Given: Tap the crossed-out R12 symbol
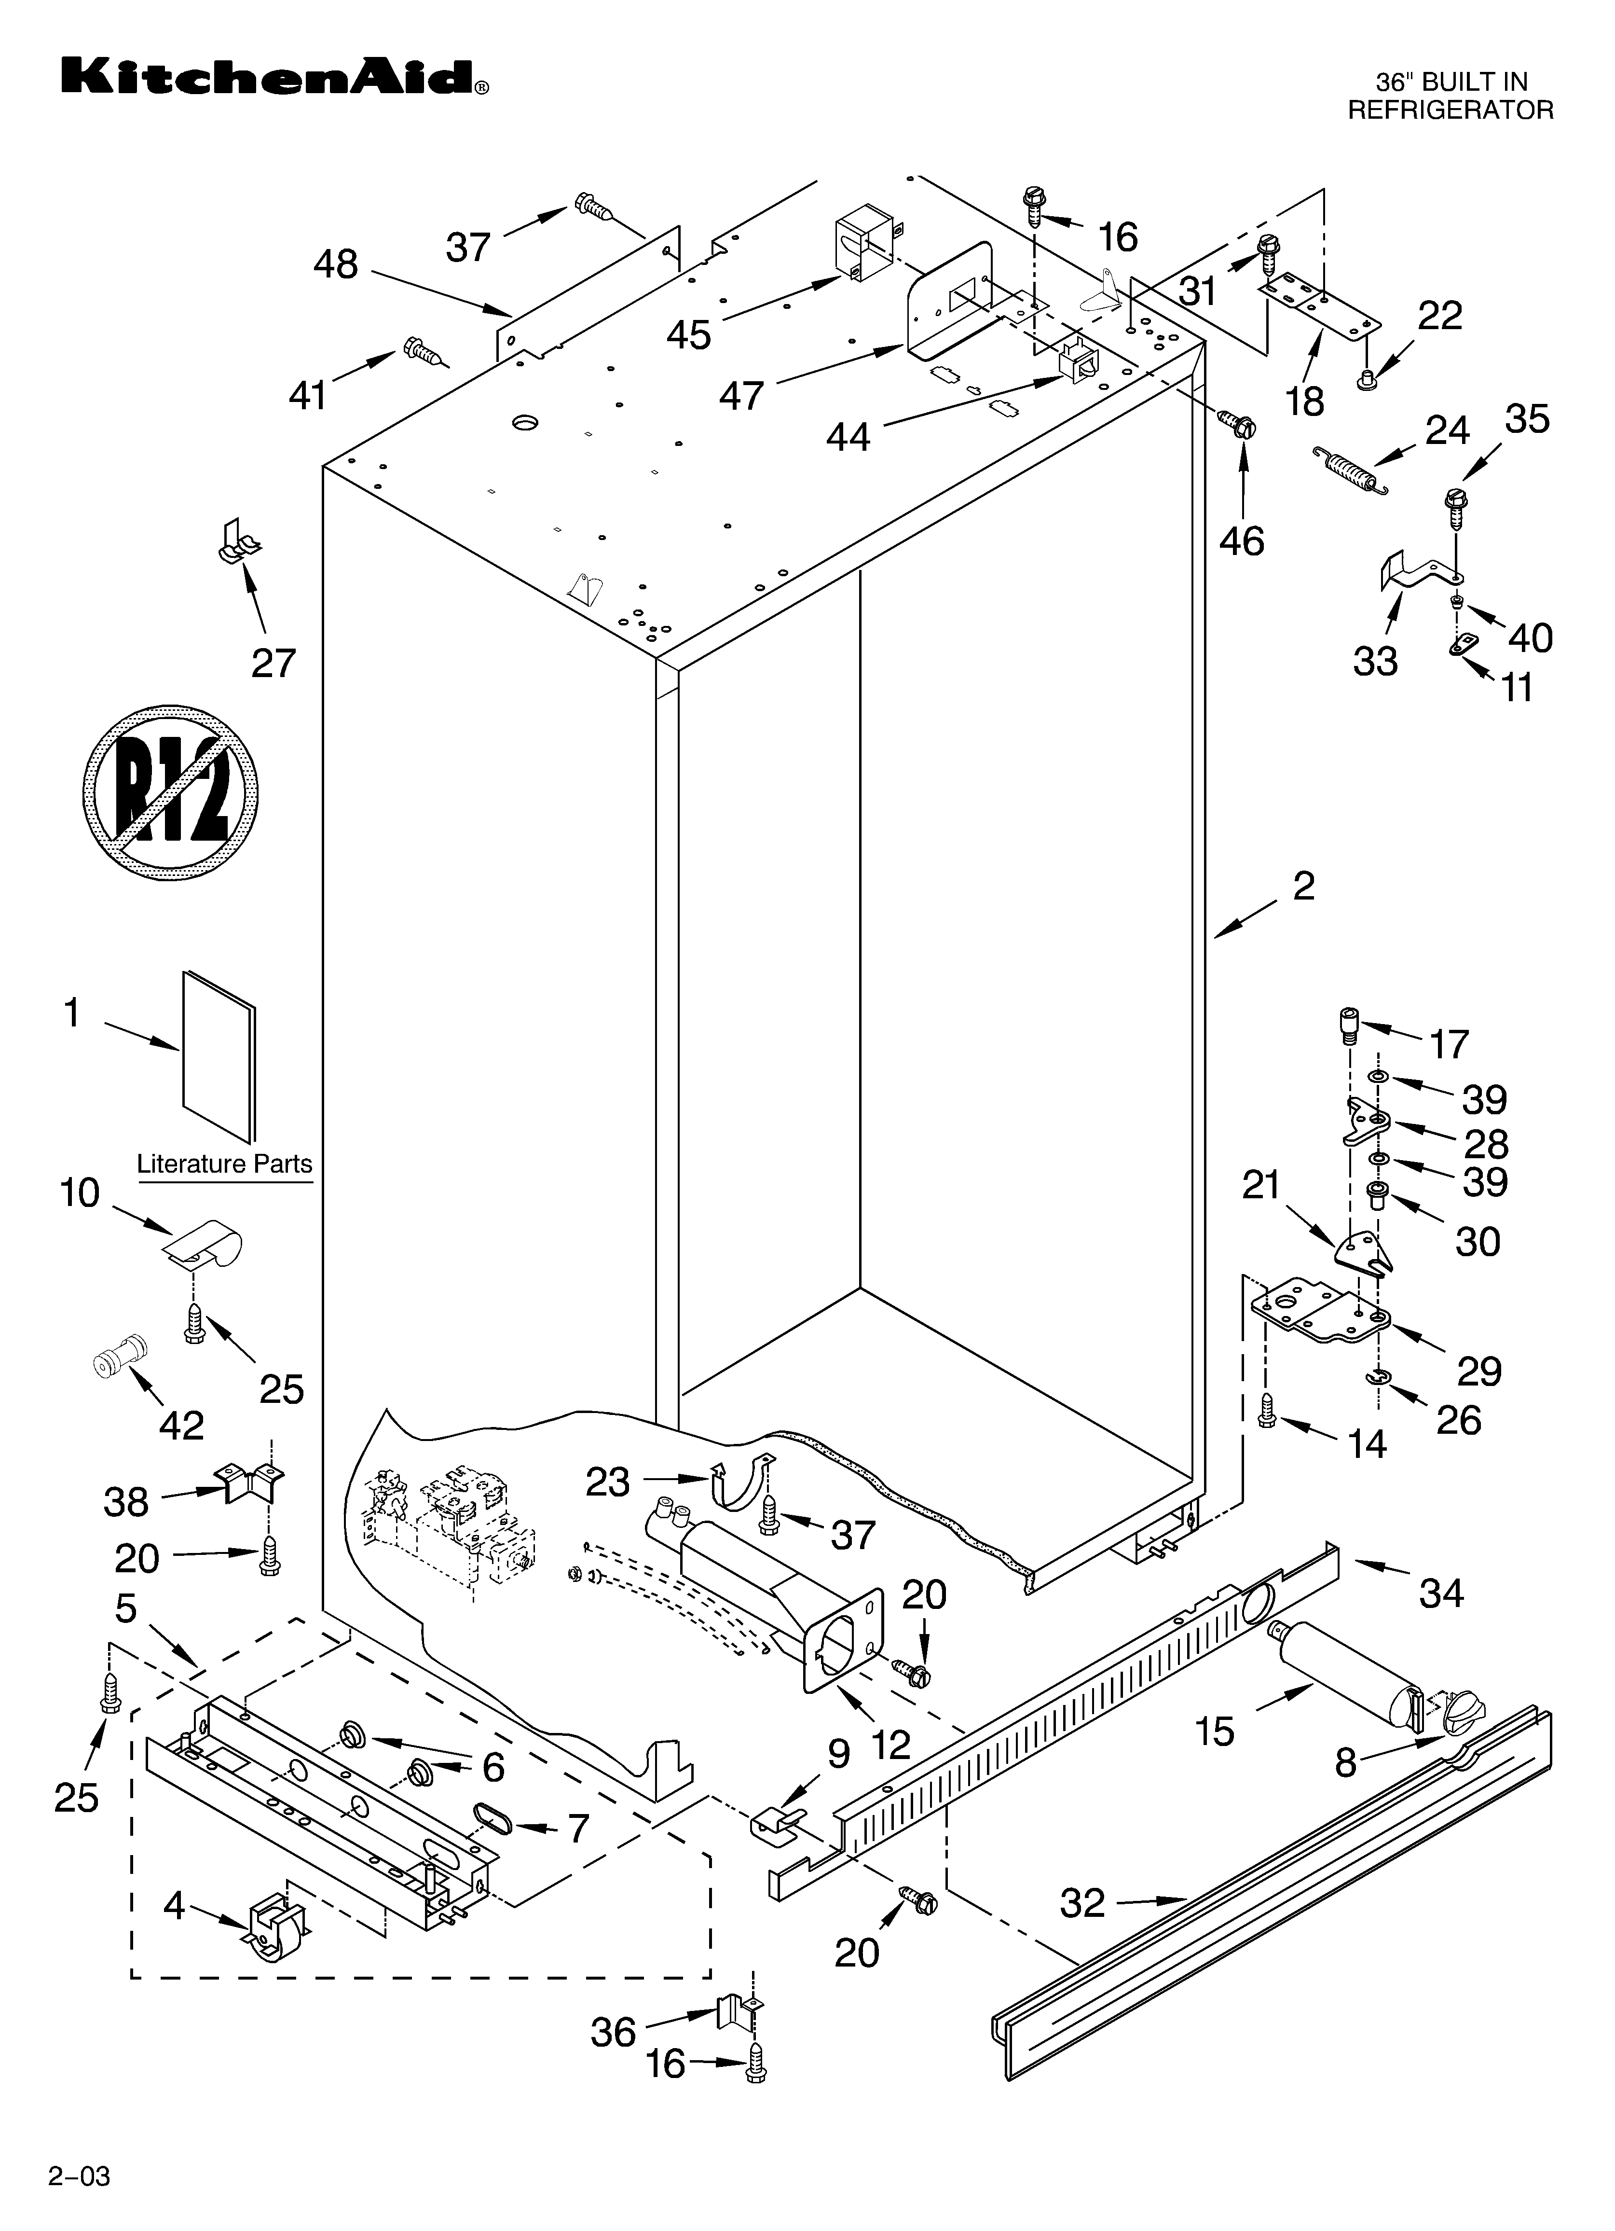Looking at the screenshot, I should (x=170, y=790).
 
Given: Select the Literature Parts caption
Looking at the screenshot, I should (x=224, y=1164).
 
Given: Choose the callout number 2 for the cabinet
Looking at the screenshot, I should (x=1303, y=887).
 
